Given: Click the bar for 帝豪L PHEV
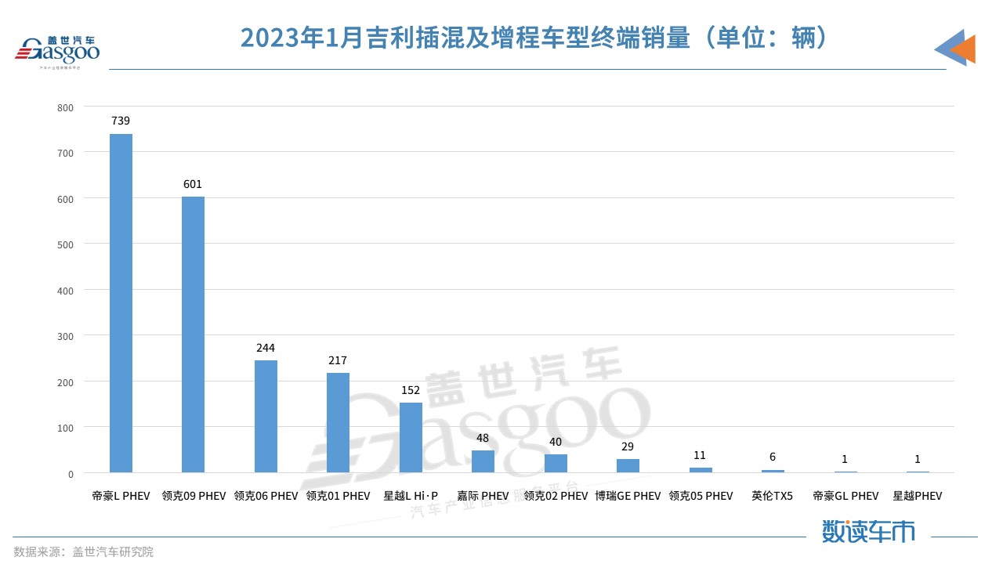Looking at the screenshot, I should point(121,303).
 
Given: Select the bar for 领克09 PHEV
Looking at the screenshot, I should point(193,334).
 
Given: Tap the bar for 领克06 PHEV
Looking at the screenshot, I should point(266,417).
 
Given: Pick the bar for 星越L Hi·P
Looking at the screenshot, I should point(411,438).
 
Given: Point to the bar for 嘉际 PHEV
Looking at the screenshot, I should point(483,461).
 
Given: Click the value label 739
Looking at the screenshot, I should point(121,121).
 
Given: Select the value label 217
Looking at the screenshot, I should point(338,360).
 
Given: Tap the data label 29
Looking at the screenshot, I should point(628,446).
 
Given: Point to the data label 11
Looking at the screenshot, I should point(700,454).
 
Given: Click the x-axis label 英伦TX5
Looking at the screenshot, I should point(773,496).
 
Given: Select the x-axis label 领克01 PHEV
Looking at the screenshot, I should point(338,496).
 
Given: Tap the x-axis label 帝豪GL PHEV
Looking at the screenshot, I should point(845,496).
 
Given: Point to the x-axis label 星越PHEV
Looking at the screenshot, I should point(918,496).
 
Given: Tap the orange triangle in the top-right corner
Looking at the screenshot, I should point(964,49).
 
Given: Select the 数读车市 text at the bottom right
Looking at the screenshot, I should point(868,532).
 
